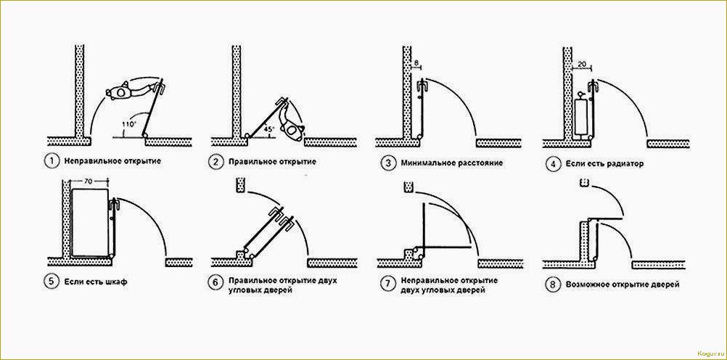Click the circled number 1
[x=50, y=162]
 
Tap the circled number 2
[x=215, y=162]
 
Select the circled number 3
[x=387, y=163]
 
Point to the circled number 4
[x=551, y=164]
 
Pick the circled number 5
[x=51, y=282]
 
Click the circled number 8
[x=551, y=285]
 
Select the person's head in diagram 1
[x=121, y=92]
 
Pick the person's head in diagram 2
[x=292, y=131]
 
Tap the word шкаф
[x=115, y=282]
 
